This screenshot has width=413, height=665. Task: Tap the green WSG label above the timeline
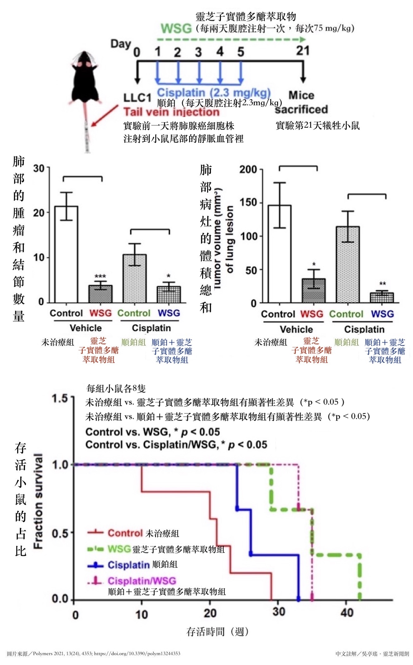[176, 29]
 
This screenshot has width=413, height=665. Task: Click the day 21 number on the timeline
[302, 51]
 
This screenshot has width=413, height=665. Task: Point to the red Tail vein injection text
[171, 112]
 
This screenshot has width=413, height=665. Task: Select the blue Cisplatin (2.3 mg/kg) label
[214, 93]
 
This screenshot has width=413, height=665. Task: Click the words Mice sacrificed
[301, 102]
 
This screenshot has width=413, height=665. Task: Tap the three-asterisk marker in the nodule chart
[100, 276]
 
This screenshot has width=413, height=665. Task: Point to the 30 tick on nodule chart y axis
[39, 168]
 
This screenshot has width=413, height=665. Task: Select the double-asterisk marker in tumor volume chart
[382, 284]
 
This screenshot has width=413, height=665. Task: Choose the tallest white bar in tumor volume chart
[280, 254]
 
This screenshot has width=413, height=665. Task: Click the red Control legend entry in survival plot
[125, 533]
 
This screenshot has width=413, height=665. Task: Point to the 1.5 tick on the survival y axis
[60, 399]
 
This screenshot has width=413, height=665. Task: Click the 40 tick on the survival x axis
[347, 612]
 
